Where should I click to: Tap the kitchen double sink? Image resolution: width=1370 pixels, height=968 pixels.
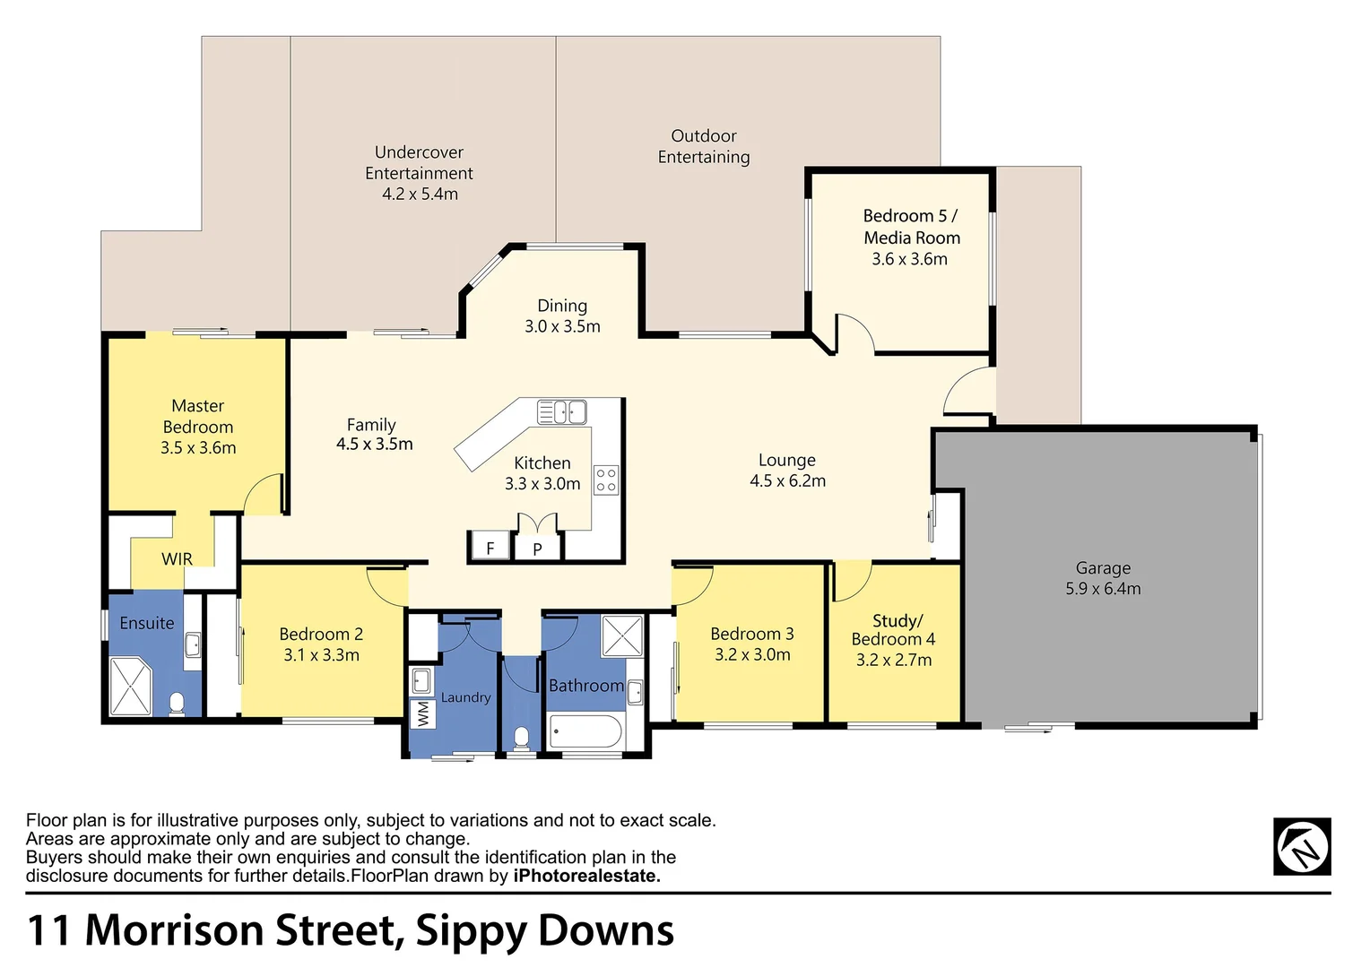(x=561, y=412)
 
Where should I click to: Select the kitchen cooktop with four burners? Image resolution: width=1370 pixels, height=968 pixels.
(x=606, y=480)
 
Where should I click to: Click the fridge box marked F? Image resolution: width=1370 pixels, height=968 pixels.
(x=490, y=548)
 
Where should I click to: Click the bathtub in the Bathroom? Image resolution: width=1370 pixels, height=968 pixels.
(x=585, y=731)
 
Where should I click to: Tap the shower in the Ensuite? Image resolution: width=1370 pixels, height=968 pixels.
(x=131, y=687)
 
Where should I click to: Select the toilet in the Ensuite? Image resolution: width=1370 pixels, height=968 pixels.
(x=177, y=704)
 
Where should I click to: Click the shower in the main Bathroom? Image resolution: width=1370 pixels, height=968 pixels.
(x=621, y=636)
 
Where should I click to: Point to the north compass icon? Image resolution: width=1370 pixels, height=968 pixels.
(x=1302, y=846)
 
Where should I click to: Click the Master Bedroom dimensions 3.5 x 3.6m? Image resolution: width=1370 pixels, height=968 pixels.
(x=198, y=448)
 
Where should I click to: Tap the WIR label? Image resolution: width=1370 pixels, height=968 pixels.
(x=177, y=559)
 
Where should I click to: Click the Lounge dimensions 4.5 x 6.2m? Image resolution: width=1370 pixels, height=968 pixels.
(x=787, y=481)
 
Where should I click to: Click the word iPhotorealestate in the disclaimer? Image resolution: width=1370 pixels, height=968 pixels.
(x=586, y=877)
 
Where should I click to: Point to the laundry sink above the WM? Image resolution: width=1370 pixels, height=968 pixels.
(x=421, y=681)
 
